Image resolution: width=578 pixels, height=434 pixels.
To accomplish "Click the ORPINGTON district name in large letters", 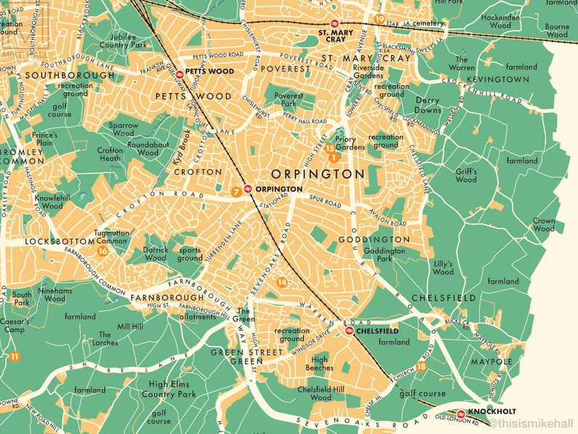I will tap(317, 174).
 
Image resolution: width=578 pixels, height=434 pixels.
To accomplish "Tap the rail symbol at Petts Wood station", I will tap(179, 72).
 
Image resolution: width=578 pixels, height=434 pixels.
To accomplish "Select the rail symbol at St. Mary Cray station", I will tap(334, 23).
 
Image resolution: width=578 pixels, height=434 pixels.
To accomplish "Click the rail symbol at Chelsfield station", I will tap(349, 330).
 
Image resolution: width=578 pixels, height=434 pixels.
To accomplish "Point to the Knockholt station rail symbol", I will tap(461, 414).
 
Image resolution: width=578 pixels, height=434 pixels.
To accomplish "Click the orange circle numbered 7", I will tap(236, 192).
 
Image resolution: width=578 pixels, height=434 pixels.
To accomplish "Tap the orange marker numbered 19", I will tap(379, 19).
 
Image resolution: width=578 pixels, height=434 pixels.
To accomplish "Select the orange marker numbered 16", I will tap(103, 251).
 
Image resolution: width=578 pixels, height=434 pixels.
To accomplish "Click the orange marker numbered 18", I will tap(421, 366).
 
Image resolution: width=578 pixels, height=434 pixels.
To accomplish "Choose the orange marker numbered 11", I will tap(15, 356).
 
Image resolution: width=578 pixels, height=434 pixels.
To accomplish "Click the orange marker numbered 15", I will tap(329, 149).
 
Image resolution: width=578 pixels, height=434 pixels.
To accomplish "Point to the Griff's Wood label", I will tap(466, 175).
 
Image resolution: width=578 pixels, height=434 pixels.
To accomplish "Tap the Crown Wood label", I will tap(543, 224).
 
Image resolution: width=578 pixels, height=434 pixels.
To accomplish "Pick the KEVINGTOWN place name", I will tap(497, 79).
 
